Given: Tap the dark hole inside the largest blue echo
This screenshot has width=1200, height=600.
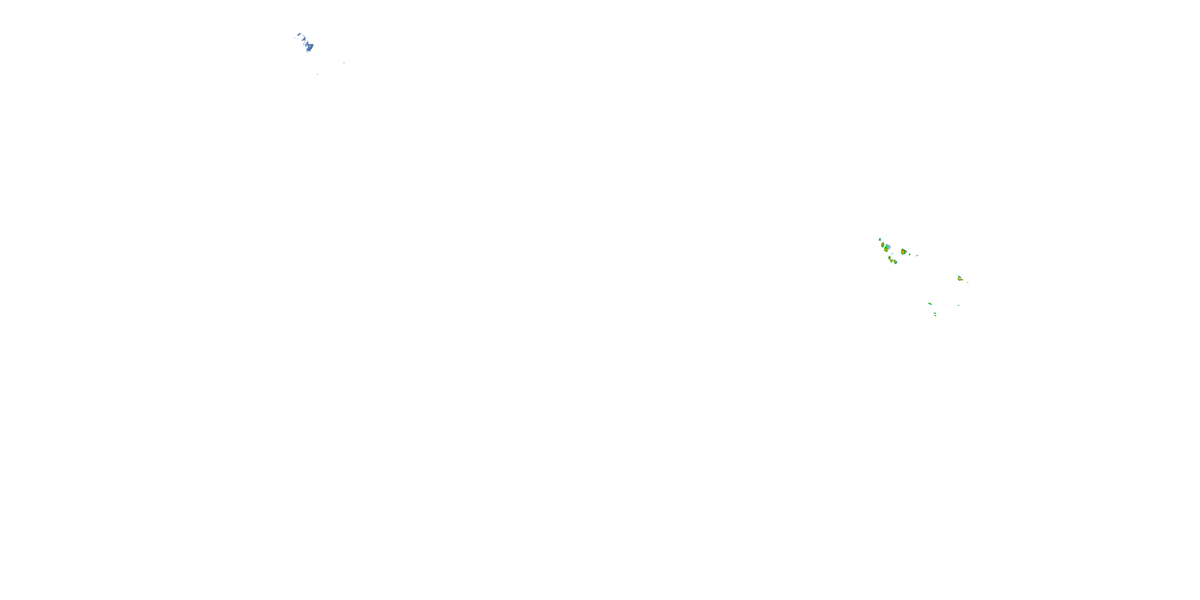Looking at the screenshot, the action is [x=310, y=46].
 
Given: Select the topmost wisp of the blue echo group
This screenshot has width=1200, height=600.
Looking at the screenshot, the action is [x=299, y=34].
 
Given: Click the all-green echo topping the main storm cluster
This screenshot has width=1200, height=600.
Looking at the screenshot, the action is [x=880, y=240].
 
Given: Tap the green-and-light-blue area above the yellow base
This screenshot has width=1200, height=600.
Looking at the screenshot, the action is [x=888, y=247].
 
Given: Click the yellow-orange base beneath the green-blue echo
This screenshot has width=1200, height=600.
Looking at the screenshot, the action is [x=886, y=250].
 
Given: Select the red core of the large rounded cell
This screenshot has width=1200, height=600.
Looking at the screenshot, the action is [x=903, y=251].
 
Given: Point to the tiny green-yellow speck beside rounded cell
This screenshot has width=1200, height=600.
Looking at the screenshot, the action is [x=910, y=254].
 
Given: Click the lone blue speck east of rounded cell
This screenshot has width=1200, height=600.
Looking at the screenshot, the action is [x=917, y=256].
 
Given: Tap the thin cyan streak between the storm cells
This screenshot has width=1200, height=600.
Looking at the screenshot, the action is [x=892, y=254].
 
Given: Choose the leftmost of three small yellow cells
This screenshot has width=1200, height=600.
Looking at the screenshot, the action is [x=890, y=258].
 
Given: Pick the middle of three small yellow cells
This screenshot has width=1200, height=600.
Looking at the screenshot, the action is [x=892, y=261].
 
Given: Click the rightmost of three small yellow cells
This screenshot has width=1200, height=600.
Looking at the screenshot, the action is [x=895, y=262].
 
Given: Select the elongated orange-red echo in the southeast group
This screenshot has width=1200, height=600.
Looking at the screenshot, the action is [x=960, y=280].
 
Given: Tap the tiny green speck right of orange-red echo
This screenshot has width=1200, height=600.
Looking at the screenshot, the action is [x=968, y=282].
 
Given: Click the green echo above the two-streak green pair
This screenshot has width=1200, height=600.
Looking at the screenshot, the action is [x=930, y=304].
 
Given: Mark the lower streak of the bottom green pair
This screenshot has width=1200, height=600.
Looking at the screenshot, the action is [x=936, y=316].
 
